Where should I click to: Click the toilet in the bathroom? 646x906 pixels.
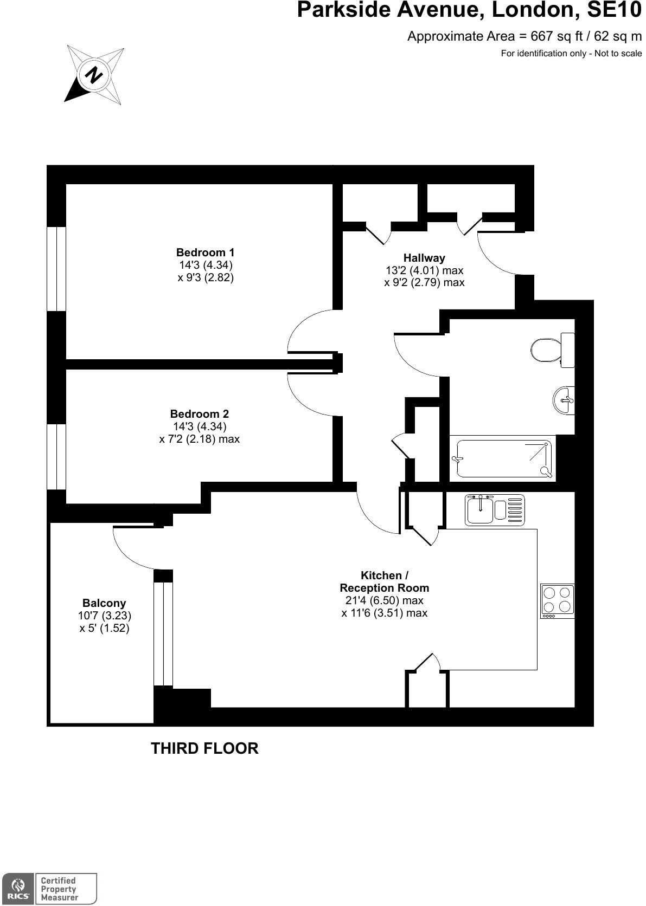click(x=553, y=350)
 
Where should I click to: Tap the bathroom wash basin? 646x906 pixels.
click(x=564, y=400)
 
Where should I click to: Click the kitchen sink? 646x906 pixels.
click(x=495, y=510)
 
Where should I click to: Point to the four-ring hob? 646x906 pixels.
click(x=558, y=601)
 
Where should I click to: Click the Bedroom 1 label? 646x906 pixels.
click(x=205, y=253)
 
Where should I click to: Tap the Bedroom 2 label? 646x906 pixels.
click(x=200, y=414)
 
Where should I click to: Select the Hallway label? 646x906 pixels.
click(x=424, y=257)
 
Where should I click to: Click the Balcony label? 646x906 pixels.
click(x=104, y=603)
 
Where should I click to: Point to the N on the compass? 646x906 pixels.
click(x=94, y=75)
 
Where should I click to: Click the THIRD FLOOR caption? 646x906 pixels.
click(x=204, y=748)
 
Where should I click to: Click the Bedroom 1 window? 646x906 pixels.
click(x=56, y=269)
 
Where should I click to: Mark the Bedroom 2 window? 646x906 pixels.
click(x=56, y=457)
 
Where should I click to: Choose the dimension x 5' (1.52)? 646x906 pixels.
click(x=105, y=628)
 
